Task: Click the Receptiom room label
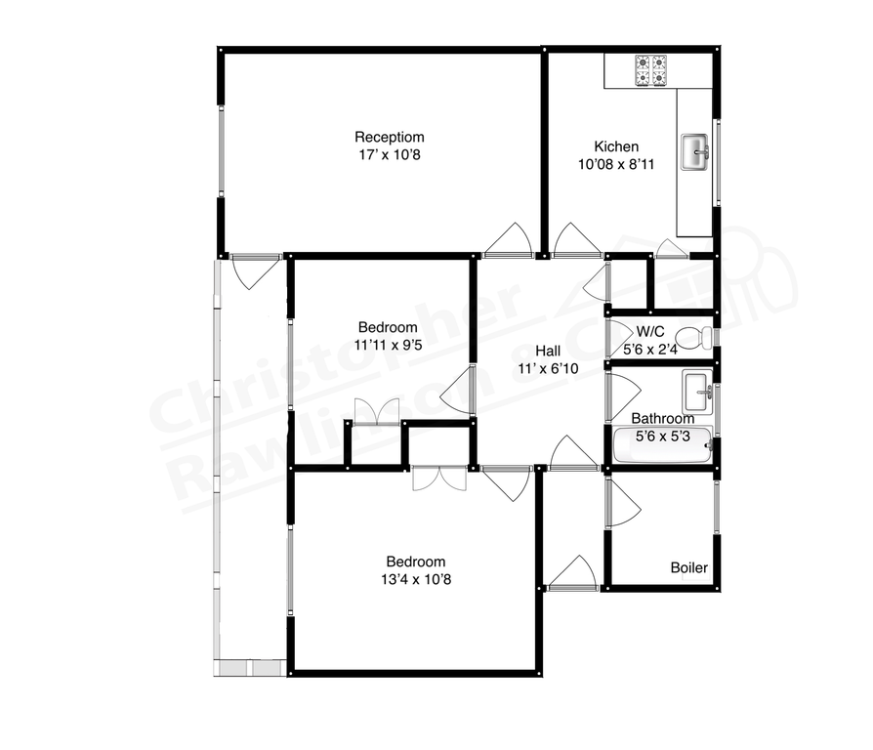pyautogui.click(x=389, y=137)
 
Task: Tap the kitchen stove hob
pyautogui.click(x=651, y=69)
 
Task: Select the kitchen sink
pyautogui.click(x=696, y=150)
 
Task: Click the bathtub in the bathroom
pyautogui.click(x=660, y=445)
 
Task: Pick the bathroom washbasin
pyautogui.click(x=698, y=392)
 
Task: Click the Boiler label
pyautogui.click(x=688, y=567)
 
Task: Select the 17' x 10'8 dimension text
pyautogui.click(x=389, y=154)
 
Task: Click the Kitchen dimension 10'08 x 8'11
pyautogui.click(x=615, y=164)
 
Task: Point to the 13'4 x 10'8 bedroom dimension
pyautogui.click(x=416, y=578)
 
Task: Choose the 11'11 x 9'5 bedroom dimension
pyautogui.click(x=388, y=344)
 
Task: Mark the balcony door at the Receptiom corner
pyautogui.click(x=256, y=270)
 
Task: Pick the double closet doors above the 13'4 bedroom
pyautogui.click(x=438, y=478)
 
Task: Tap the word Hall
pyautogui.click(x=547, y=352)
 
